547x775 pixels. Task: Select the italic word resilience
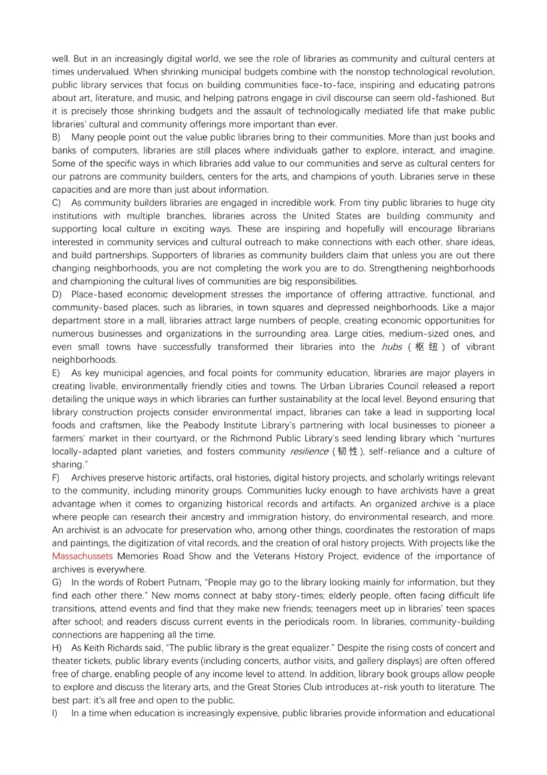coord(309,452)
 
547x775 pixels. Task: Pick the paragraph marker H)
coord(57,648)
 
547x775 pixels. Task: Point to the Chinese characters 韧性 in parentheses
coord(348,452)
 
